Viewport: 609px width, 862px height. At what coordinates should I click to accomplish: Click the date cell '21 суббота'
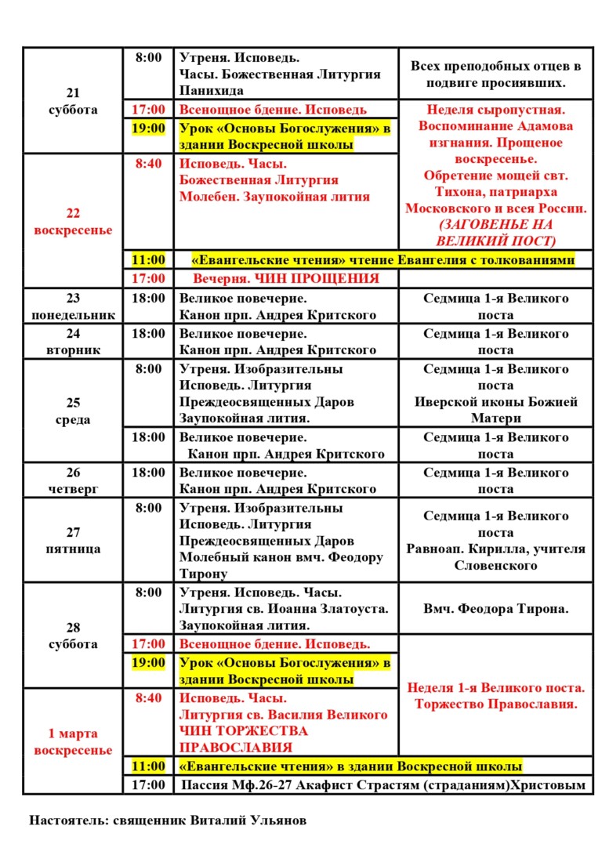point(72,101)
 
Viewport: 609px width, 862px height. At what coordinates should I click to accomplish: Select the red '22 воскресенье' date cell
point(72,222)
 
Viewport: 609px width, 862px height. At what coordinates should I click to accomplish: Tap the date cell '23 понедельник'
point(72,306)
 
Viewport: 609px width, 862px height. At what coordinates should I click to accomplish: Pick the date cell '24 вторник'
point(72,342)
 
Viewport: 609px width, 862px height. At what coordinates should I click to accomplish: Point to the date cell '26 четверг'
point(72,480)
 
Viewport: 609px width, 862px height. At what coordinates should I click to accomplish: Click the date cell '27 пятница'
point(72,541)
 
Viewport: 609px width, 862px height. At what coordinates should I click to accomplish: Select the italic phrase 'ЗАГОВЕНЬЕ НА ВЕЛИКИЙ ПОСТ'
point(495,233)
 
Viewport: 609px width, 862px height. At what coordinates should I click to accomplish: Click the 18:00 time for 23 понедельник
point(148,299)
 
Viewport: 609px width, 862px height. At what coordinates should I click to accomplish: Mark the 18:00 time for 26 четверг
point(148,473)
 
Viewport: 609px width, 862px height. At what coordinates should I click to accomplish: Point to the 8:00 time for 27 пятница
point(148,509)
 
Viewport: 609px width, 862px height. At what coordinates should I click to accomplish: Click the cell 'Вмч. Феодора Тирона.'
point(495,608)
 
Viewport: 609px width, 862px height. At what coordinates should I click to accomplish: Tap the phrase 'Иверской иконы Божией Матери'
point(495,410)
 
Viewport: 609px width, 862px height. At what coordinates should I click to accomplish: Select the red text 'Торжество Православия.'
point(495,704)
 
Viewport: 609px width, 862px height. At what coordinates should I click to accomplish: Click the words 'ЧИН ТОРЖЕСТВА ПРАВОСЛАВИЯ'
point(244,739)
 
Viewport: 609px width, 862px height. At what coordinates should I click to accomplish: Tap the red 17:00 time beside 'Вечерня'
point(148,278)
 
